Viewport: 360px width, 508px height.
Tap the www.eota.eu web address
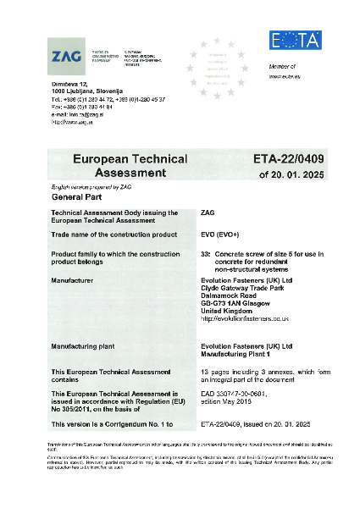click(285, 76)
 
